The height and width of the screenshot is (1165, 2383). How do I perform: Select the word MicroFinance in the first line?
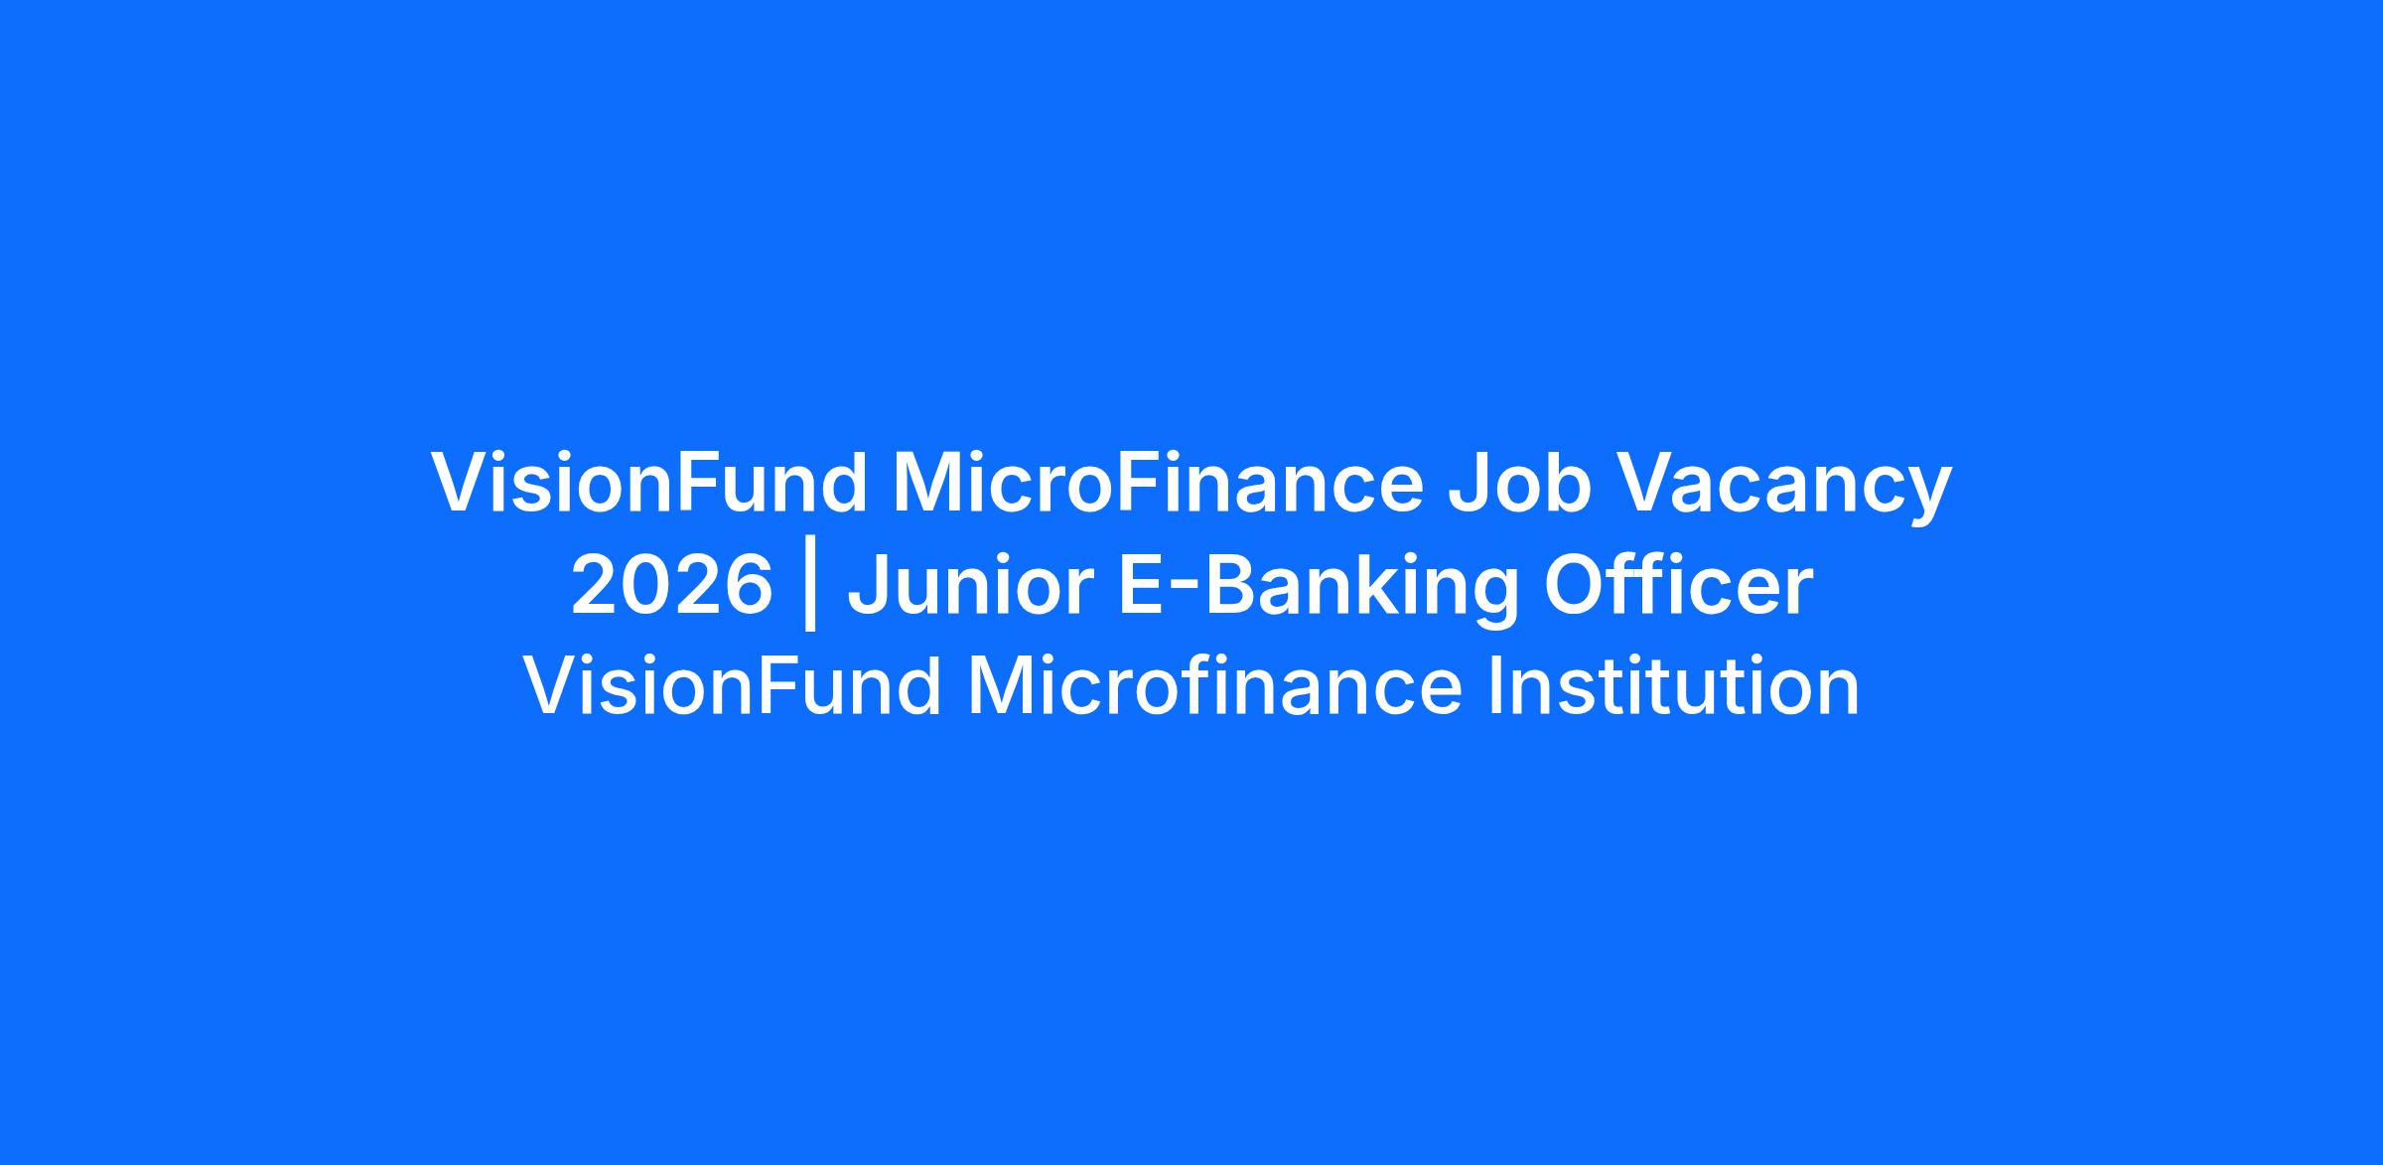point(1159,484)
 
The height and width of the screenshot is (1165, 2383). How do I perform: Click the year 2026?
point(672,585)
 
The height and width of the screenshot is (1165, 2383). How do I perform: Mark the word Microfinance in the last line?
point(1214,685)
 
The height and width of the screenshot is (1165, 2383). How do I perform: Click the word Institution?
point(1673,685)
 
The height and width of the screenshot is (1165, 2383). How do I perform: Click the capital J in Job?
point(1471,485)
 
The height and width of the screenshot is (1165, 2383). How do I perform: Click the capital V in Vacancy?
point(1649,484)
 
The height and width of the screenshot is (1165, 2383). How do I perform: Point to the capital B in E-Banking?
point(1232,585)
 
